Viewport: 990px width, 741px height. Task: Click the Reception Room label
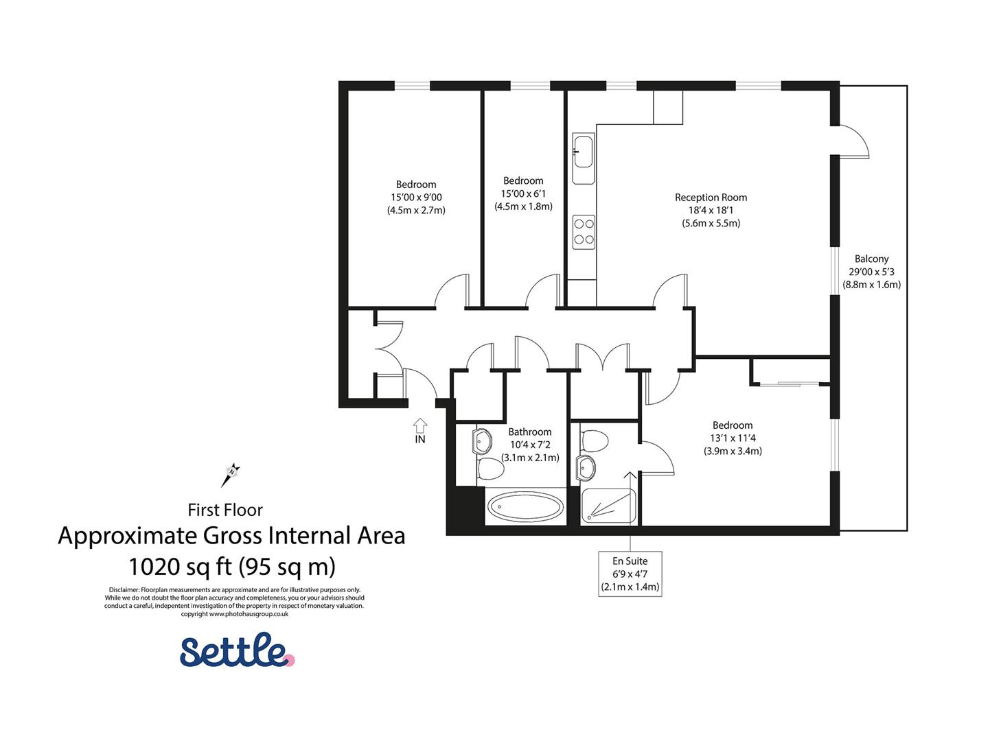click(x=711, y=198)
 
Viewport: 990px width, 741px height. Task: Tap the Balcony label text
click(x=871, y=259)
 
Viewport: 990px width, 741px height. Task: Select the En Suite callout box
click(x=630, y=574)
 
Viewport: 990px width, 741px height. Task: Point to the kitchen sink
click(x=583, y=151)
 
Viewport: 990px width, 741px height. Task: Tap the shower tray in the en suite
click(x=607, y=506)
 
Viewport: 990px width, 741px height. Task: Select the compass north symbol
click(x=232, y=473)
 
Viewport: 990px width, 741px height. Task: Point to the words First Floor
click(x=225, y=510)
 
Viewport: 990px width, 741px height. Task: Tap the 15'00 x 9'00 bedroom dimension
click(x=416, y=198)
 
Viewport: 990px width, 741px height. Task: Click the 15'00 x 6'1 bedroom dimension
click(x=523, y=193)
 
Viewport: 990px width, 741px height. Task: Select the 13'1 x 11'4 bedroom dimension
click(x=733, y=438)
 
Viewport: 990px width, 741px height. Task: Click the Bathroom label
click(x=529, y=432)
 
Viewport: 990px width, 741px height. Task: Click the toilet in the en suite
click(x=595, y=440)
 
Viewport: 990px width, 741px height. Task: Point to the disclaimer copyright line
click(x=234, y=614)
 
